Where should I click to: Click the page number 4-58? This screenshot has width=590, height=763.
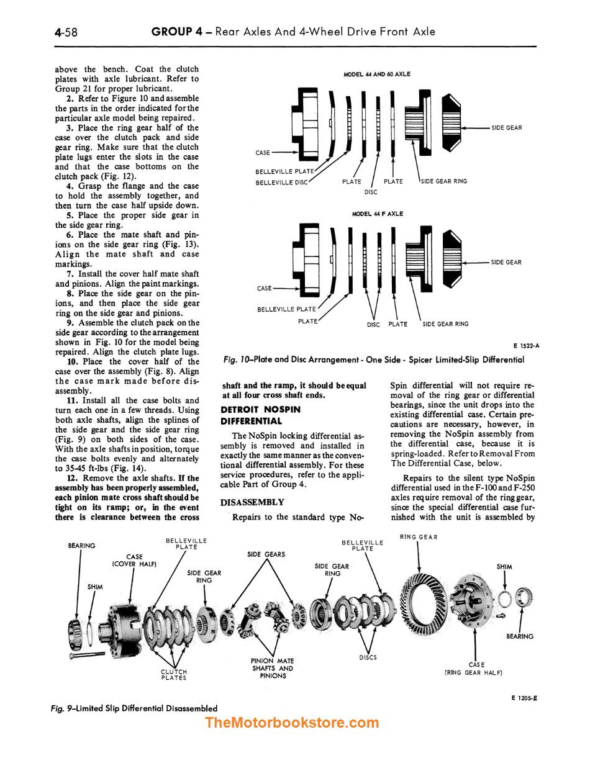66,32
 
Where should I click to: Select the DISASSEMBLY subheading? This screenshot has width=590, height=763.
252,502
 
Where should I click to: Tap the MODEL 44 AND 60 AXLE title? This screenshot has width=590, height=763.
377,74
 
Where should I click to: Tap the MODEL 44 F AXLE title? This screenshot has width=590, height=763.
377,214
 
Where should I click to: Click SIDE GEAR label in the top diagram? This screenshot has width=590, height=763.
506,128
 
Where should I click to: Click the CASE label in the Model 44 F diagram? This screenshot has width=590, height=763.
264,288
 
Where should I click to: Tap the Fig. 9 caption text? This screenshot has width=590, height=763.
134,708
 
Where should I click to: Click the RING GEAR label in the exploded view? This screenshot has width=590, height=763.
419,537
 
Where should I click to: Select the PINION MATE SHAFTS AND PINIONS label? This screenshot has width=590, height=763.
273,668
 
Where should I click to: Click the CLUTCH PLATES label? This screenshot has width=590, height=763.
174,675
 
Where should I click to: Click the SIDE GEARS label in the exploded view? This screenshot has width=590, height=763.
266,554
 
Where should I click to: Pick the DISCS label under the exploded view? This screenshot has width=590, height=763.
368,657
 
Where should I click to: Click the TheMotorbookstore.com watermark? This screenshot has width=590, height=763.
291,723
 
